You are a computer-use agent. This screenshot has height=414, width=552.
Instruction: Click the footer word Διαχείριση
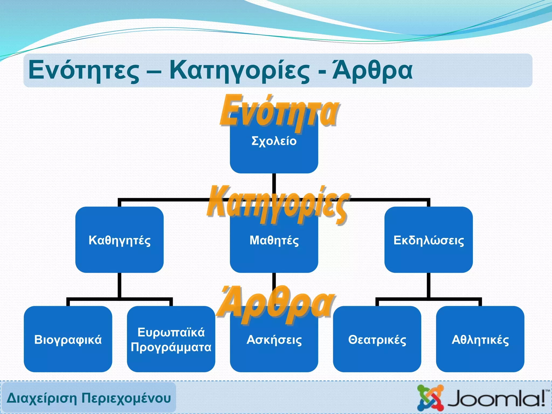point(42,398)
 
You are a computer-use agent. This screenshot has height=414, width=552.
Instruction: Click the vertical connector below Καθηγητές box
point(119,285)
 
